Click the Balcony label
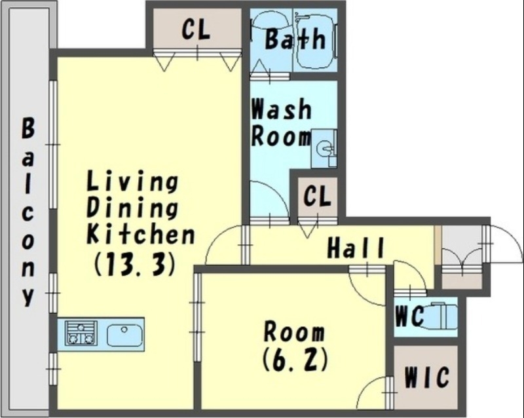(x=28, y=212)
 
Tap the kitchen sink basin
(x=124, y=335)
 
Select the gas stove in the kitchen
(x=81, y=333)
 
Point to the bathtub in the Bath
(x=314, y=41)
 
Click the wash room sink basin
(x=324, y=147)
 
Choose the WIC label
(x=426, y=377)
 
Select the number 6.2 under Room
(x=295, y=360)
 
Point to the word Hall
(x=356, y=248)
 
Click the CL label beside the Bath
(x=196, y=29)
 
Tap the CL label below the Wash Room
(x=317, y=196)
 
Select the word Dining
(x=132, y=207)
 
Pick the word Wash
(x=282, y=109)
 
